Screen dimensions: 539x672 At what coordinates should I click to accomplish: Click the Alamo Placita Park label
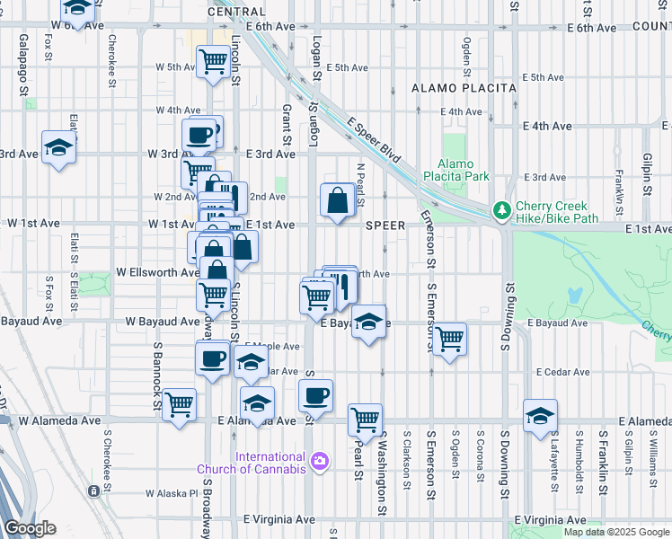tap(463, 171)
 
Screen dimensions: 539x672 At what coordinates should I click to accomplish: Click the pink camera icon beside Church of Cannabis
tap(319, 462)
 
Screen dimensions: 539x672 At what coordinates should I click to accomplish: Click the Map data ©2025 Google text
tap(616, 532)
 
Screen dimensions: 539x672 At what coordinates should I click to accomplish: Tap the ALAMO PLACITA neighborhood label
tap(464, 88)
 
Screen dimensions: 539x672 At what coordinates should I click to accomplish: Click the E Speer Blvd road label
tap(372, 142)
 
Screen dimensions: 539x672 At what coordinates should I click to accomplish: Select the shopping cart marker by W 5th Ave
tap(213, 61)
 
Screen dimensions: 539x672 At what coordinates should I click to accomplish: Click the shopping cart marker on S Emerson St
tap(449, 339)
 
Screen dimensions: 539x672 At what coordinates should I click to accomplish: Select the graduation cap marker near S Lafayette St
tap(540, 415)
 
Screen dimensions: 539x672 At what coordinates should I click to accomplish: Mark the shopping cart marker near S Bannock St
tap(180, 403)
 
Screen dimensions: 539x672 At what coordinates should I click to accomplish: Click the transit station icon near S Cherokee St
tap(93, 491)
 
